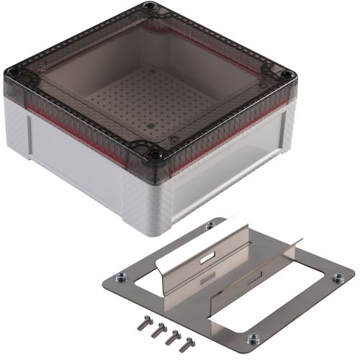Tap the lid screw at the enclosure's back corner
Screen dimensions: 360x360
pos(149,6)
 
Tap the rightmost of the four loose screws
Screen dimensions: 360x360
pos(189,340)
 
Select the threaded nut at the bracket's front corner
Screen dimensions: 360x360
pos(253,337)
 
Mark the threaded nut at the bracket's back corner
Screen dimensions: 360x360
pos(210,225)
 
